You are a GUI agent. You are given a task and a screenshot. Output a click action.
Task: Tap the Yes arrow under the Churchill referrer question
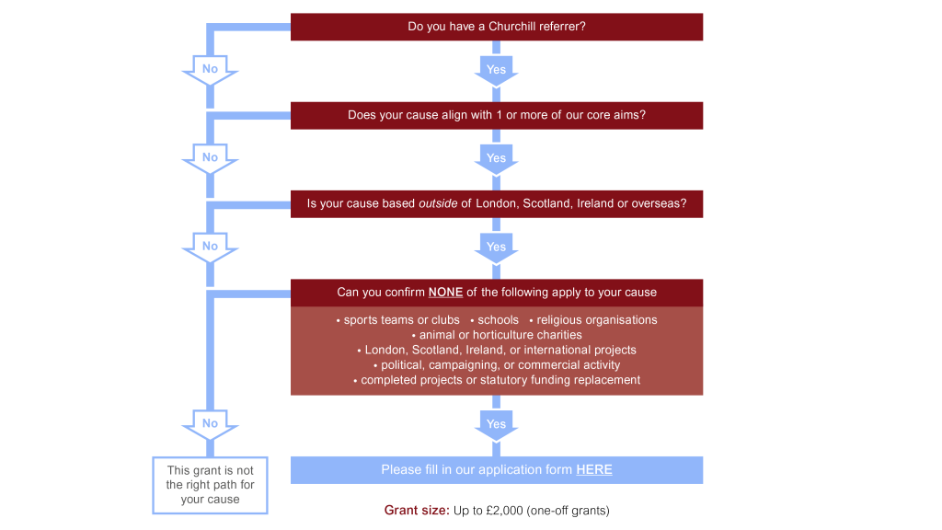496,70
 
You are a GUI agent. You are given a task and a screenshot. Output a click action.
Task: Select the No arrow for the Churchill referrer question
211,69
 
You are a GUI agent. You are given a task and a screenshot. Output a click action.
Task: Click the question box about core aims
497,115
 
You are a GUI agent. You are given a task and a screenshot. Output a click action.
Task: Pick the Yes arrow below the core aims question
496,158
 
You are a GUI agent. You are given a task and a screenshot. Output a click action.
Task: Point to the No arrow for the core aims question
211,157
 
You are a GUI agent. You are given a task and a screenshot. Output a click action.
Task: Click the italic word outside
438,203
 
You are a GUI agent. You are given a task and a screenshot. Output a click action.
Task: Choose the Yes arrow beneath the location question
496,247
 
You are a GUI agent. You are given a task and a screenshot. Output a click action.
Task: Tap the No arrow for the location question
211,246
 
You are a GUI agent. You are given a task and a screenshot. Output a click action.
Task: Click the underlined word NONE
445,293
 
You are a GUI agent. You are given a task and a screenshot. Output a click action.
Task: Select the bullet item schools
498,320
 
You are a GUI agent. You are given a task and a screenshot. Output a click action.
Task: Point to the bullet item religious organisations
597,320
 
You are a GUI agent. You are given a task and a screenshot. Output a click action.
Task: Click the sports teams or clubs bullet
401,320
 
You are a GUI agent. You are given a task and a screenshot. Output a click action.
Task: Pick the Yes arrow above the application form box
496,424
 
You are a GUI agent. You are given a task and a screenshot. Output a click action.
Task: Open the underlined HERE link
594,469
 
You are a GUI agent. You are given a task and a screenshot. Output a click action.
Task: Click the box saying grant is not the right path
210,485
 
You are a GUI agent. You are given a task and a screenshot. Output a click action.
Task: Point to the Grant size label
415,510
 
